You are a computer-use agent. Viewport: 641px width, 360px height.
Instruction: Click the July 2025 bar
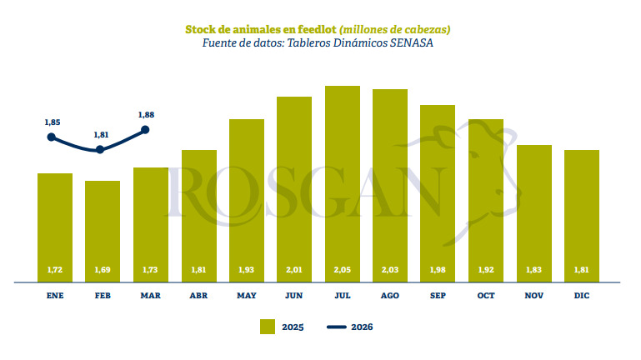point(342,183)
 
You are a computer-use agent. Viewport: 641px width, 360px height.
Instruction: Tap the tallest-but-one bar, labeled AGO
point(390,185)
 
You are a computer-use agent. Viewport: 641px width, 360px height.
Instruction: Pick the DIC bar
point(582,216)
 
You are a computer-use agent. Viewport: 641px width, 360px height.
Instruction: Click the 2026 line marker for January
point(52,137)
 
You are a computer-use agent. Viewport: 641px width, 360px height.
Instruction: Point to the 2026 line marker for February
point(101,150)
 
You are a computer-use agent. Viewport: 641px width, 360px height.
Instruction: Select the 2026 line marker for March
point(146,129)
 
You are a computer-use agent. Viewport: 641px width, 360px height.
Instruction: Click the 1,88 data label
point(146,115)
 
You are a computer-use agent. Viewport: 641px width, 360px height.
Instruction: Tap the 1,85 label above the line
point(52,122)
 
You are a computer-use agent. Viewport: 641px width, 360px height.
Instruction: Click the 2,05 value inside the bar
point(342,271)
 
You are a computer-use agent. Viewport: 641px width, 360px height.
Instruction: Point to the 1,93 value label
point(247,271)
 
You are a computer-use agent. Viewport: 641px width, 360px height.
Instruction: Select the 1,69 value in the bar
point(103,271)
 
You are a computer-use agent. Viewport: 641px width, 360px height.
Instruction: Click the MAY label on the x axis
point(247,295)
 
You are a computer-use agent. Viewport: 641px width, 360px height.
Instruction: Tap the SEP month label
point(438,295)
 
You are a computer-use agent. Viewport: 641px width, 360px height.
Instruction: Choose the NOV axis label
point(533,295)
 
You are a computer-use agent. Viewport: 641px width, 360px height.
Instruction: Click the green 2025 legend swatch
point(268,327)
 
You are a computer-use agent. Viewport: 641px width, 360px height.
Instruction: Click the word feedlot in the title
point(313,29)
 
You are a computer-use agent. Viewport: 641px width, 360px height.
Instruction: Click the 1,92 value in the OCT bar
point(486,271)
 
